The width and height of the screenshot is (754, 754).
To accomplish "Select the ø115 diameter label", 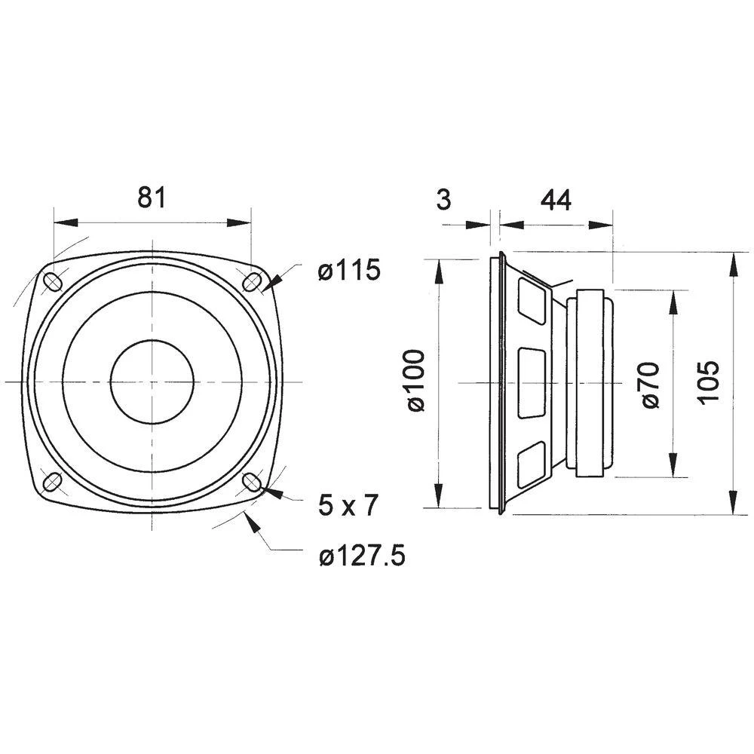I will click(348, 271).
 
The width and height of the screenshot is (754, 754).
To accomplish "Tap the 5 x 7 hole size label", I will click(348, 506).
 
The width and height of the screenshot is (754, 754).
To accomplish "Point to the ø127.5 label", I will click(361, 557).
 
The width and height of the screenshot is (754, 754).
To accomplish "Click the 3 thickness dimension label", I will click(443, 200).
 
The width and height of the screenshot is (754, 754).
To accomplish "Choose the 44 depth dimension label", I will click(556, 200).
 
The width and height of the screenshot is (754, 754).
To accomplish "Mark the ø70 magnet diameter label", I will click(650, 385).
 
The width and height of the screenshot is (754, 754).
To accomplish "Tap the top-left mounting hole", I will click(54, 281).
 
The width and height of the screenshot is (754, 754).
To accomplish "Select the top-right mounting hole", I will click(252, 282).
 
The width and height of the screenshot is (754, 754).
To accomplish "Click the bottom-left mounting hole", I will click(53, 482).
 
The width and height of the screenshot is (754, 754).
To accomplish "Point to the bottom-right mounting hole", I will click(252, 482).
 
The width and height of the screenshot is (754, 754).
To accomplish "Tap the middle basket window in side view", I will click(532, 382).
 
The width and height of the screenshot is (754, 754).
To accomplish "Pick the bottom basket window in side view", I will click(532, 463).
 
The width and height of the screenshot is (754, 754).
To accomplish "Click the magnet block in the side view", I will click(590, 382).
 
